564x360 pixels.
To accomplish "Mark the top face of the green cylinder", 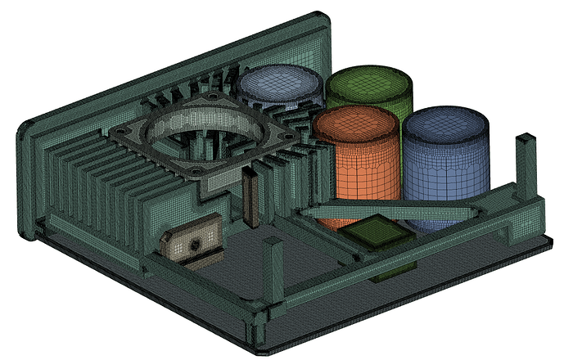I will pos(369,80).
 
